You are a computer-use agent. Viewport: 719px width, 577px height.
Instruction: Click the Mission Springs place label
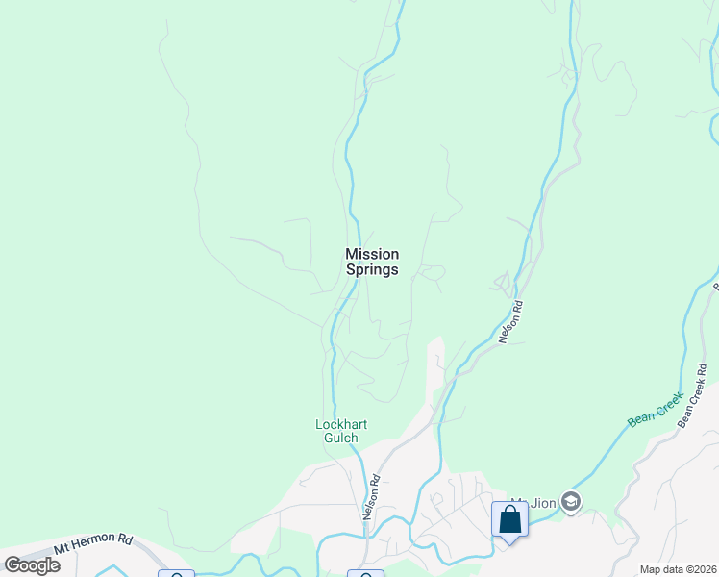[x=372, y=262]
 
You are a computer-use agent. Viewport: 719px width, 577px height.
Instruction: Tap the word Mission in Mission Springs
[x=372, y=254]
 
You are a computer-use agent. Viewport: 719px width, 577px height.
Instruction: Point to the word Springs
[x=372, y=270]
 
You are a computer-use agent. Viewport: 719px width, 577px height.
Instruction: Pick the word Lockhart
[x=342, y=424]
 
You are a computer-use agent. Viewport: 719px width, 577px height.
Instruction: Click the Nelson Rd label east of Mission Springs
[x=509, y=322]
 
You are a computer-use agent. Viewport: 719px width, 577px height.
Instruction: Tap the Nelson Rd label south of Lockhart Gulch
[x=370, y=496]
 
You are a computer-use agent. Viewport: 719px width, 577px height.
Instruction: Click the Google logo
[x=32, y=565]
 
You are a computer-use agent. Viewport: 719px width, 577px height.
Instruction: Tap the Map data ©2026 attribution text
[x=677, y=569]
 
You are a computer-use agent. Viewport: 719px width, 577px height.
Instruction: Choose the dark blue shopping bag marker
[x=509, y=520]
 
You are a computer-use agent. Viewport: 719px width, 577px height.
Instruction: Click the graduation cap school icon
[x=571, y=502]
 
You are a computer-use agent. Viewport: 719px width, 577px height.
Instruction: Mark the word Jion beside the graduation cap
[x=543, y=502]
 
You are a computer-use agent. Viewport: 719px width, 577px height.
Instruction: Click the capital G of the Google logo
[x=12, y=565]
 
